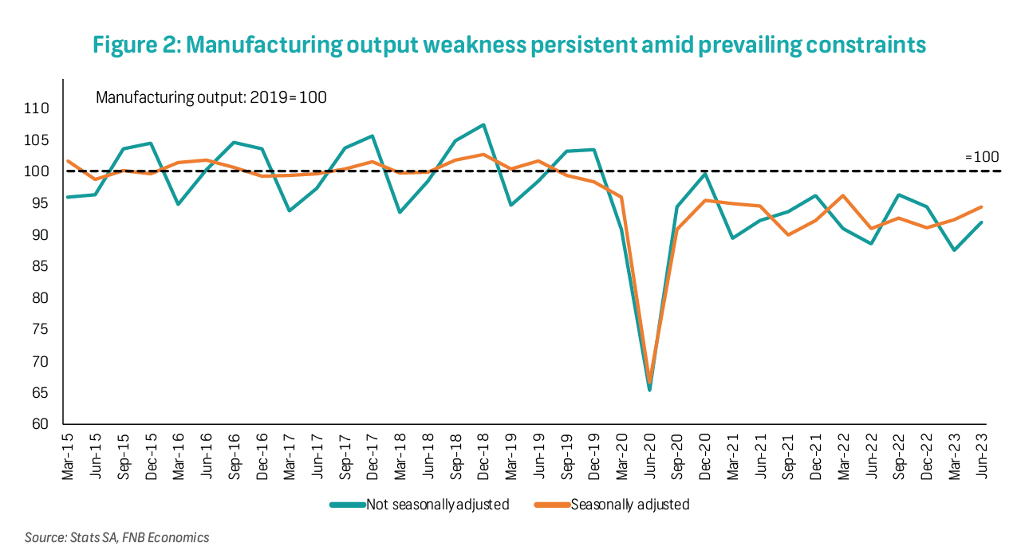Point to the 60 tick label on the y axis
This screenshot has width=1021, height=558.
coord(41,424)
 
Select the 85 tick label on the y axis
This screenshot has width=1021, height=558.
coord(41,266)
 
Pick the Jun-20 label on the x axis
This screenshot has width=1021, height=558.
coord(650,454)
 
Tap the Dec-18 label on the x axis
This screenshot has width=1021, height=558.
coord(483,454)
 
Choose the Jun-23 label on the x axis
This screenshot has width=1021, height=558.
coord(981,454)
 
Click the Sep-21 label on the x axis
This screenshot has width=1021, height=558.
coord(789,454)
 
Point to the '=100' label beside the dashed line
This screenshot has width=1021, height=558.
coord(982,157)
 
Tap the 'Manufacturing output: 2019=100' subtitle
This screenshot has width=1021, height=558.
coord(211,97)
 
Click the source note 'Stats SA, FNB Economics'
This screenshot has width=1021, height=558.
coord(116,537)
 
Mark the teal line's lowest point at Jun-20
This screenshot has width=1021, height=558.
coord(650,390)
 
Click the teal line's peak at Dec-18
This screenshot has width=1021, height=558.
coord(483,125)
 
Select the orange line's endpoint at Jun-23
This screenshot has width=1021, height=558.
coord(981,207)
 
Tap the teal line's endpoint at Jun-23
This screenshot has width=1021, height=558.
coord(981,222)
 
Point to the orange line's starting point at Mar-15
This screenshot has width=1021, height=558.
coord(66,161)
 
